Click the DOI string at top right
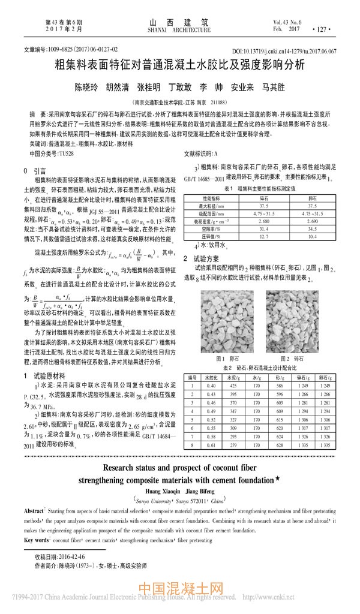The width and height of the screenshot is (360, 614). pyautogui.click(x=284, y=52)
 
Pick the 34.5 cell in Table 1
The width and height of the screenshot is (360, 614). pyautogui.click(x=313, y=228)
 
